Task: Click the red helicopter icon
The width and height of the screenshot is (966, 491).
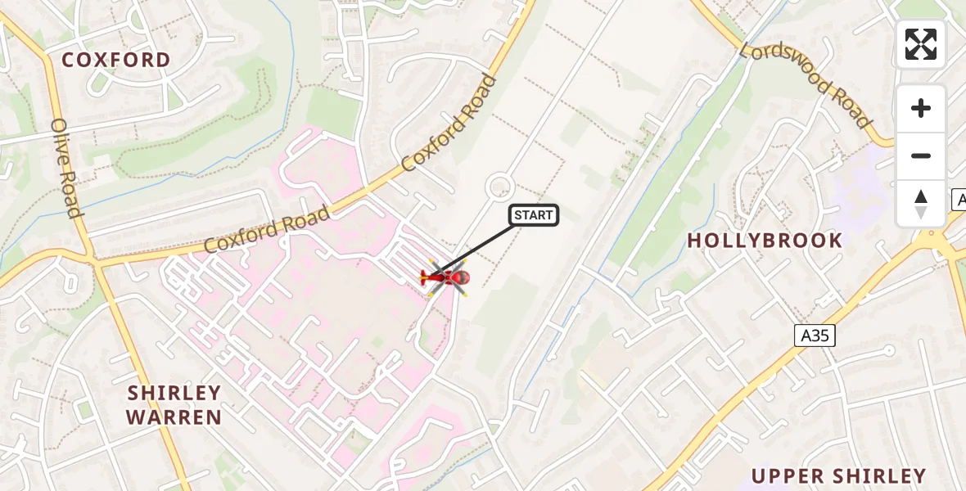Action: coord(445,278)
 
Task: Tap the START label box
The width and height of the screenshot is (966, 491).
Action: coord(534,215)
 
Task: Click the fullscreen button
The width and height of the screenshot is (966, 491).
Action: coord(921,44)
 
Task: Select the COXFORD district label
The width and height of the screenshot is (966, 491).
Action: coord(116,60)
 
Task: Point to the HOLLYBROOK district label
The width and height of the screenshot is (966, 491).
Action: coord(765,241)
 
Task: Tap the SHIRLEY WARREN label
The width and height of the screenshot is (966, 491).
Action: coord(174,405)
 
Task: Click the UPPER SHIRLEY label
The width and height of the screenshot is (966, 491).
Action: coord(838,476)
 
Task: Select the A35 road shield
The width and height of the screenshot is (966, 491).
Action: coord(815,334)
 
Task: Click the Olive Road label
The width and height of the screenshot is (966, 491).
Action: coord(67,169)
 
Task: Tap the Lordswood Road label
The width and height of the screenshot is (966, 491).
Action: coord(806,85)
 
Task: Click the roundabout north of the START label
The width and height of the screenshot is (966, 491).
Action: coord(499,187)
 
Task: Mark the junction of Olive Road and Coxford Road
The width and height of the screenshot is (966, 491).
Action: coord(95,263)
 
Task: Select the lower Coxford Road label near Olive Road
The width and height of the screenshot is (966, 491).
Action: coord(267,230)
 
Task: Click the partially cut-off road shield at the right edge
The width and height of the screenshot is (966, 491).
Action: coord(959,199)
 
